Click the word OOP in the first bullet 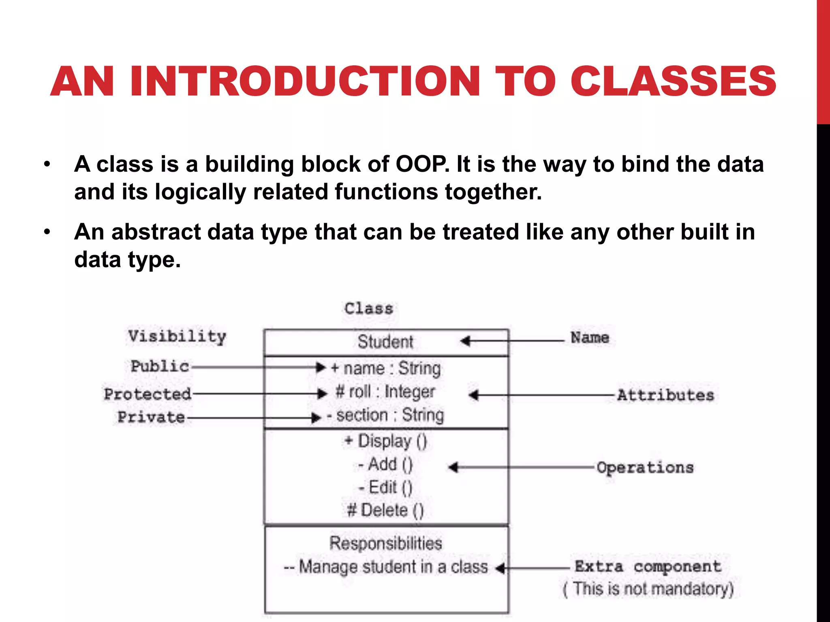coord(421,164)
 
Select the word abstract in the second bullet coord(156,232)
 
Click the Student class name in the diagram coord(385,342)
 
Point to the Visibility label coord(177,336)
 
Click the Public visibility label coord(160,366)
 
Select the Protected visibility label coord(148,394)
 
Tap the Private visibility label coord(151,417)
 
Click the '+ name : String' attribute coord(385,369)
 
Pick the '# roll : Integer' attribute coord(385,392)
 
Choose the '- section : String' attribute coord(385,415)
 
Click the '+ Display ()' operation coord(385,441)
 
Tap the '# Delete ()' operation coord(385,510)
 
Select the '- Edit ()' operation coord(385,487)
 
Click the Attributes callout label coord(665,395)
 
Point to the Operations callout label coord(645,468)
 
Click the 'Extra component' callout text coord(648,567)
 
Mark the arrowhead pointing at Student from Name coord(465,341)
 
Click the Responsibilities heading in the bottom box coord(385,543)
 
